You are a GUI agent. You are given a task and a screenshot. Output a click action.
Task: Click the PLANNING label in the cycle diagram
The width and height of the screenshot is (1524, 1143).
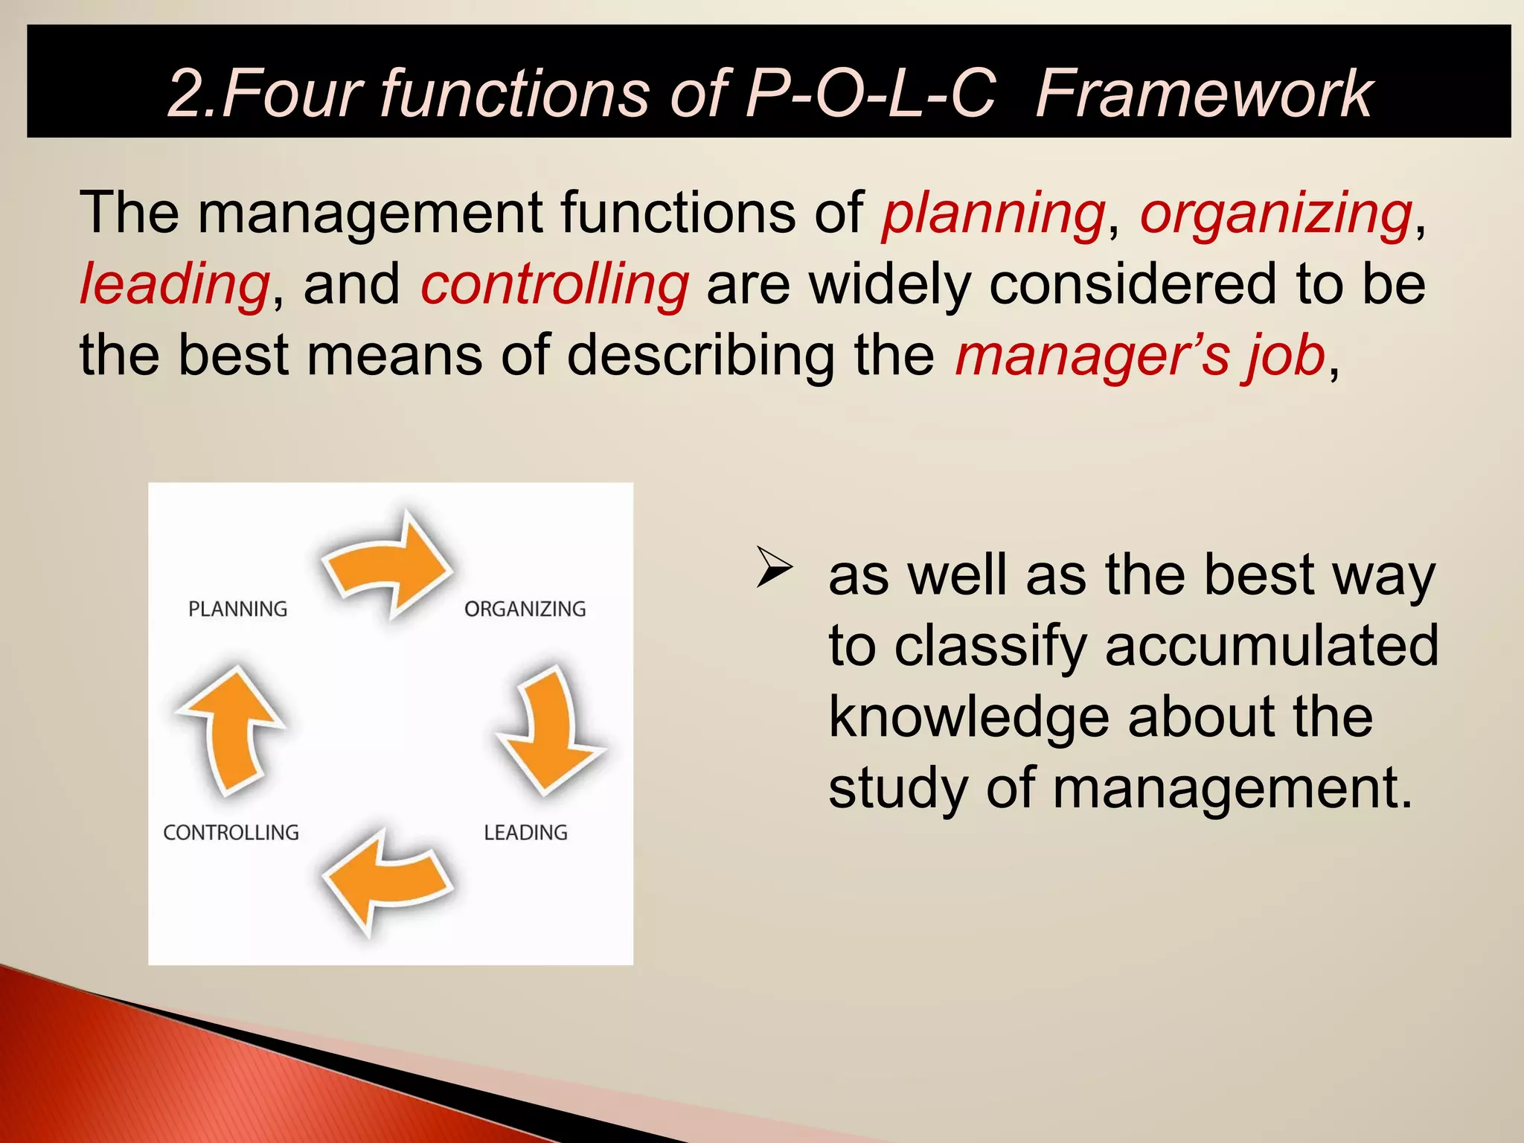pos(237,609)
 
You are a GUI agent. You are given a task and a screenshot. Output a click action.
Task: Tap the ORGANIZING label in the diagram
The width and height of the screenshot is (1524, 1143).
pos(525,609)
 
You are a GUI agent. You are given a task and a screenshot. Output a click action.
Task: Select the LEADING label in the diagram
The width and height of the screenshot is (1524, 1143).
pos(525,832)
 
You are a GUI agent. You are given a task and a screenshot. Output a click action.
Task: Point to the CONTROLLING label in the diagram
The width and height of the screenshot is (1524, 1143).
pos(231,832)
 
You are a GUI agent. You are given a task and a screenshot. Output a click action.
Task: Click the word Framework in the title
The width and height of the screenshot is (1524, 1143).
pos(1203,94)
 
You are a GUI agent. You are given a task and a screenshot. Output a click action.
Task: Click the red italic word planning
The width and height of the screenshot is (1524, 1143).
pos(993,214)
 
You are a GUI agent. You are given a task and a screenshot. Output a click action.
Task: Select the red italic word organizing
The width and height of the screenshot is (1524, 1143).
pos(1275,214)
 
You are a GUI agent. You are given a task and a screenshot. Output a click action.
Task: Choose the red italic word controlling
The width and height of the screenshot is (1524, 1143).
pos(554,284)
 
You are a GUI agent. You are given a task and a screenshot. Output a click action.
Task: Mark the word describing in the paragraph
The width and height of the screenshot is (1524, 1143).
pos(700,355)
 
